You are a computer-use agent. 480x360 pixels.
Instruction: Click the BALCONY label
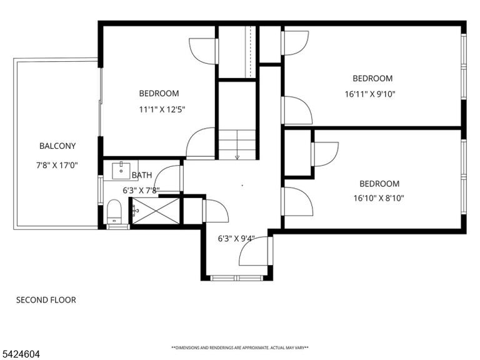[x=57, y=146]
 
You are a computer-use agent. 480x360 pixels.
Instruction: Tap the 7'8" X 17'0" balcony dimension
[x=57, y=166]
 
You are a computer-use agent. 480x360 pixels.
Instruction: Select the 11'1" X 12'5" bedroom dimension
[x=162, y=109]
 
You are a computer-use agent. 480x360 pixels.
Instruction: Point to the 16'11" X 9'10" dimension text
[x=370, y=94]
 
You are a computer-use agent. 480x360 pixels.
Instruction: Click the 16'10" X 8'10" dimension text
[x=379, y=198]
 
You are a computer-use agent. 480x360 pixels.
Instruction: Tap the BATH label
[x=142, y=175]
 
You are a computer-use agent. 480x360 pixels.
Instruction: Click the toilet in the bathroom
[x=114, y=212]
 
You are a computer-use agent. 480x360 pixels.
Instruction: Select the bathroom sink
[x=121, y=171]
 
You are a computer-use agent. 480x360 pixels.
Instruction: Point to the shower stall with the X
[x=156, y=211]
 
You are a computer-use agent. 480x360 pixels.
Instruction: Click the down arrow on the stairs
[x=237, y=157]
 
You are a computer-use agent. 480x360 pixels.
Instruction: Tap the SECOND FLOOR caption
[x=46, y=300]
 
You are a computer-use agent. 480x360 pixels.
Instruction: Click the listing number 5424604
[x=20, y=354]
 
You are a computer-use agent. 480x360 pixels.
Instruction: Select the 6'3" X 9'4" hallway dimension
[x=236, y=239]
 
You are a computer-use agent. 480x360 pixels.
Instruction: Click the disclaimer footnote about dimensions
[x=240, y=347]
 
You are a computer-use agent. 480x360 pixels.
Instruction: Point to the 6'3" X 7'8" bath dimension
[x=141, y=191]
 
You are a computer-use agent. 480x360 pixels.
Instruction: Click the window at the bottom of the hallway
[x=237, y=278]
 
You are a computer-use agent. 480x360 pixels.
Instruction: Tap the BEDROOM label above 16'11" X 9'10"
[x=372, y=78]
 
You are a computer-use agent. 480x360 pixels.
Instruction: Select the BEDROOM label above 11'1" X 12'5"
[x=159, y=93]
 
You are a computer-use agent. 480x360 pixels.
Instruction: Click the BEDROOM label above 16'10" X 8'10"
[x=379, y=184]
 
